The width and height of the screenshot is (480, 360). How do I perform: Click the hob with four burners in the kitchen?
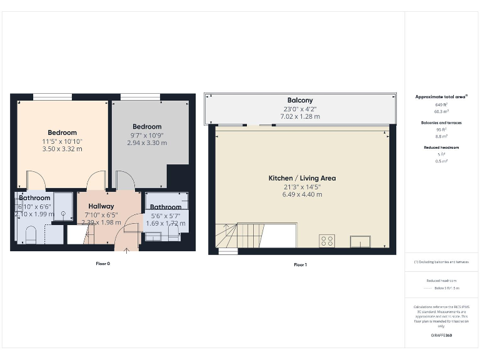[326, 241]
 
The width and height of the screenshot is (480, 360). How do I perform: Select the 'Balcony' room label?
[300, 100]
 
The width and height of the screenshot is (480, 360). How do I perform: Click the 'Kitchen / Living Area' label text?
[302, 178]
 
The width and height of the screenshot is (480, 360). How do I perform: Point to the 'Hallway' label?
[101, 206]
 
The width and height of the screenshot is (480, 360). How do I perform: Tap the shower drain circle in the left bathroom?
[63, 213]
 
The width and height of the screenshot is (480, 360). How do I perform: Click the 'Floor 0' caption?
[102, 264]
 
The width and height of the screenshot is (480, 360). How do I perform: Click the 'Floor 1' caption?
[300, 264]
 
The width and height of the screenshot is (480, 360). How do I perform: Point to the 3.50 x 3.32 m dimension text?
[62, 149]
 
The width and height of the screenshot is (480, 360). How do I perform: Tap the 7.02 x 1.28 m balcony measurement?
[300, 116]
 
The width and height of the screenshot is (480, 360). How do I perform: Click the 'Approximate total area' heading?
[441, 97]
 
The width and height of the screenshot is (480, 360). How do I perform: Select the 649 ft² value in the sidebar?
[441, 104]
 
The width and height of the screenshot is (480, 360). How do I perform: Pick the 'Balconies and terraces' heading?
[441, 122]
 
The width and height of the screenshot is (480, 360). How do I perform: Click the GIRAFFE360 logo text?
[441, 336]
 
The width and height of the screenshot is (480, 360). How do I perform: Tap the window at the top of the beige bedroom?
[52, 96]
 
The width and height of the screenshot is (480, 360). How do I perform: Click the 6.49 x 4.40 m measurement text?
[302, 194]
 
